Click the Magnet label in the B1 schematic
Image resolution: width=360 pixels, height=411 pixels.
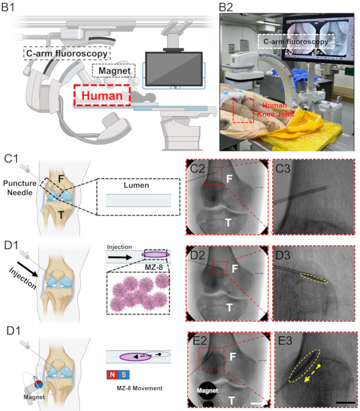pyautogui.click(x=114, y=71)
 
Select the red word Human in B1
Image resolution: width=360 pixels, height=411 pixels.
pyautogui.click(x=102, y=96)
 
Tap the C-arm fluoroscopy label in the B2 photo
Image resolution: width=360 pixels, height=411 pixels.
pyautogui.click(x=296, y=41)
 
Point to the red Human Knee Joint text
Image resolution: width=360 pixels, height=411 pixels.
pyautogui.click(x=275, y=110)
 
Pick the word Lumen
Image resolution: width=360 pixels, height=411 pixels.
pyautogui.click(x=136, y=185)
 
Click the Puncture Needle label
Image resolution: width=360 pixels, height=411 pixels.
pyautogui.click(x=20, y=188)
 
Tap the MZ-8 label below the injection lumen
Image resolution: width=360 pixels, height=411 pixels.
pyautogui.click(x=154, y=267)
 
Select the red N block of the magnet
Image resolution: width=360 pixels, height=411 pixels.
pyautogui.click(x=112, y=374)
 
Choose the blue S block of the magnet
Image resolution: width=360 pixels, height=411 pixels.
pyautogui.click(x=123, y=374)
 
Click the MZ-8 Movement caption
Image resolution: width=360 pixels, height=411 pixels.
pyautogui.click(x=140, y=388)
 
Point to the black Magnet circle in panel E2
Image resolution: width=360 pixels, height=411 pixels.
pyautogui.click(x=207, y=391)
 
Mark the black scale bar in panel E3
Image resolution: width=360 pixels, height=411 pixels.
pyautogui.click(x=346, y=402)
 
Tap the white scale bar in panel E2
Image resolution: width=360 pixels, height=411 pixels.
pyautogui.click(x=258, y=403)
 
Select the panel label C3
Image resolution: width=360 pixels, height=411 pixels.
pyautogui.click(x=283, y=169)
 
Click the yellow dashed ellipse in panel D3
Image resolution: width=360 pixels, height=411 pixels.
pyautogui.click(x=314, y=279)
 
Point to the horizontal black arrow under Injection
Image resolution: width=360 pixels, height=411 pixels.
pyautogui.click(x=120, y=257)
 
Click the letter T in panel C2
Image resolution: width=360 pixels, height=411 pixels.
pyautogui.click(x=228, y=223)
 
